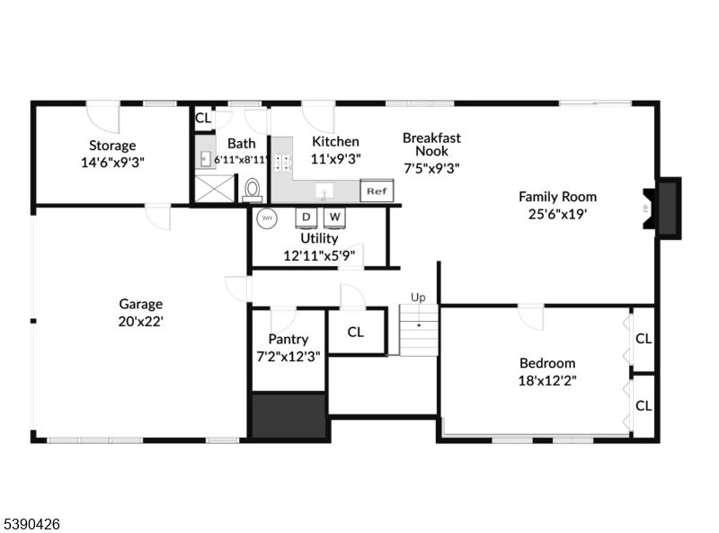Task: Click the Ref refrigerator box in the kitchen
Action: click(377, 191)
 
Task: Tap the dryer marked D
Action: click(306, 218)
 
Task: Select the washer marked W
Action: click(334, 218)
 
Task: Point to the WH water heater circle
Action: click(267, 218)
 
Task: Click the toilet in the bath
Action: click(253, 190)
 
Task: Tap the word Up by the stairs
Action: click(418, 297)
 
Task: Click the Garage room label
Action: click(141, 304)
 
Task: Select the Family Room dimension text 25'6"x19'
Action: click(557, 214)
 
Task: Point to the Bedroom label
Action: click(547, 363)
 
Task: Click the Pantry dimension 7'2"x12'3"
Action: click(288, 355)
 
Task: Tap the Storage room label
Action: click(112, 146)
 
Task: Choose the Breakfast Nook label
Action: click(431, 144)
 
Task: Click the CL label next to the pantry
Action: click(356, 332)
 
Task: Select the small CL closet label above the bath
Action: click(203, 118)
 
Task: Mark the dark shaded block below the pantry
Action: click(288, 415)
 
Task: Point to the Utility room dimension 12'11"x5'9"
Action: click(319, 254)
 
